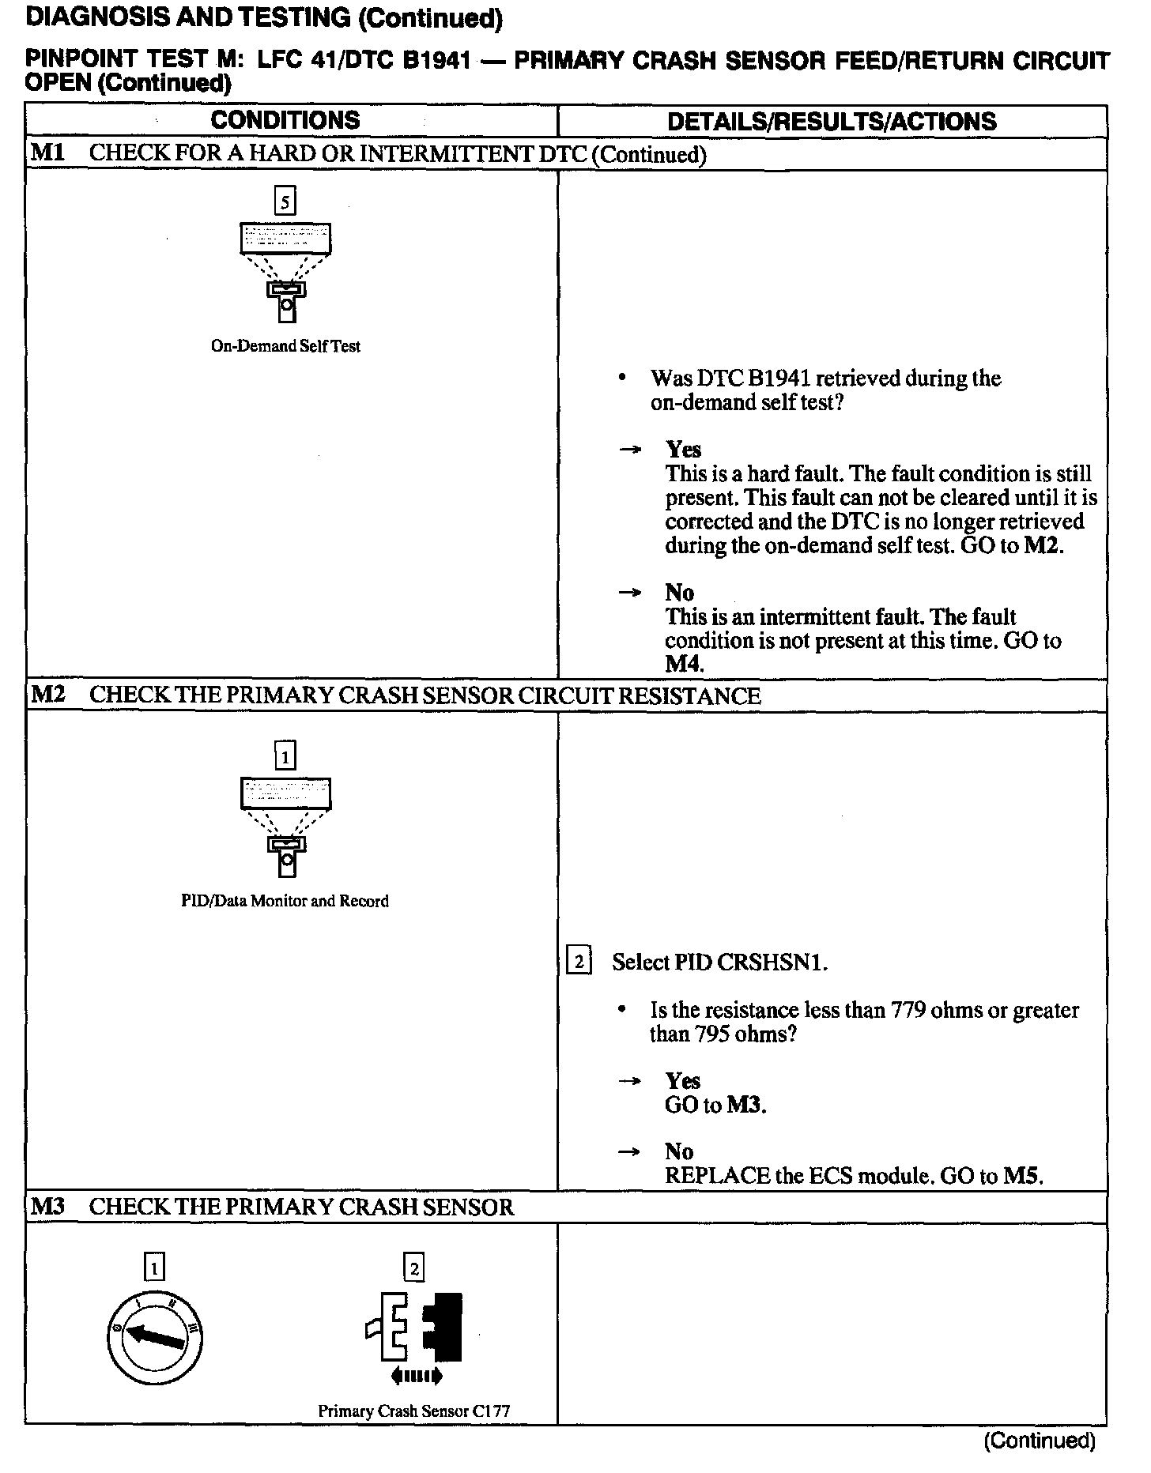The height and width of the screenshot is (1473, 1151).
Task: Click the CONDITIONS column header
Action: point(285,120)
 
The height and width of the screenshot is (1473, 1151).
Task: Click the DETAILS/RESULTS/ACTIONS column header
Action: point(832,121)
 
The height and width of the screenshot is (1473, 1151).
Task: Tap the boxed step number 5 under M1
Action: point(285,202)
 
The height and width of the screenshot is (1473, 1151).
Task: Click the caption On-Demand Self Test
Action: point(285,345)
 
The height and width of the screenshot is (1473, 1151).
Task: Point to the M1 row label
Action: point(47,153)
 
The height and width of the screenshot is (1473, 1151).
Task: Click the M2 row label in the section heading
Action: point(47,695)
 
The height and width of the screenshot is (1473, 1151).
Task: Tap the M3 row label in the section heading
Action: point(47,1207)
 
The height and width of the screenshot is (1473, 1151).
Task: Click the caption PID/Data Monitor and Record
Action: point(285,901)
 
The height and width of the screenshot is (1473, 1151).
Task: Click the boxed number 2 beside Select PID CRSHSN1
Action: point(579,962)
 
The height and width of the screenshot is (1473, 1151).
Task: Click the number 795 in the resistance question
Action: point(712,1034)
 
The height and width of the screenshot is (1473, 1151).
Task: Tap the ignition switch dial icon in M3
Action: point(155,1335)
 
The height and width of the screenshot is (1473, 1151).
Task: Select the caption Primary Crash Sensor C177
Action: point(413,1410)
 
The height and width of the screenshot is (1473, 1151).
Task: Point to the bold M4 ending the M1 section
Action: point(683,664)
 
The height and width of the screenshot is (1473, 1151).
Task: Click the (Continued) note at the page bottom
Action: point(1039,1440)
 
